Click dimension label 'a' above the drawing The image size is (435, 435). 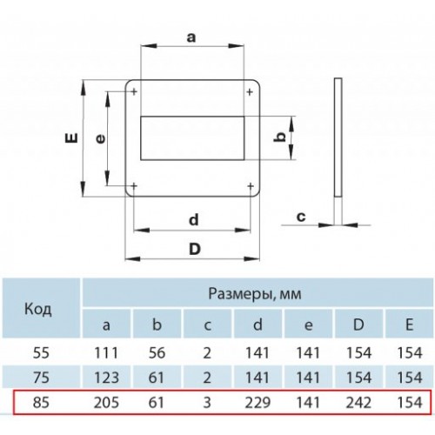coord(191,37)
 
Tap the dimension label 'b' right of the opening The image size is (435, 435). coord(280,137)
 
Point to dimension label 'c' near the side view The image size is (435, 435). coord(301,217)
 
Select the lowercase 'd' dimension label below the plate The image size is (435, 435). coord(194,219)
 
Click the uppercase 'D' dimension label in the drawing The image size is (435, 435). coord(195,249)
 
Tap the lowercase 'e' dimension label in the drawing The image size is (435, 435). coord(100,139)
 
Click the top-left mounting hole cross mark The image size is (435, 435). coord(134,92)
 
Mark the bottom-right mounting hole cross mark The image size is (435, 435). coord(251,186)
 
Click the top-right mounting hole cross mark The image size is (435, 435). coord(250,92)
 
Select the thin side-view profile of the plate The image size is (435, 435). coord(338,137)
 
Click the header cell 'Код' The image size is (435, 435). coord(38,309)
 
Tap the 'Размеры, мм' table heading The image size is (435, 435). coord(255,294)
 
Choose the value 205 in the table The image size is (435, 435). coord(106,403)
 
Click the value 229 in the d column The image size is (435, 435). coord(258,403)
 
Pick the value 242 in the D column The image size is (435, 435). coord(358,403)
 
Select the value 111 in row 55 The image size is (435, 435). coord(106,353)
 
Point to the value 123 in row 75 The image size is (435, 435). coord(106,378)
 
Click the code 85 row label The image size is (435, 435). coord(41,403)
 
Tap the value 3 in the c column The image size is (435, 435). coord(207,403)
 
